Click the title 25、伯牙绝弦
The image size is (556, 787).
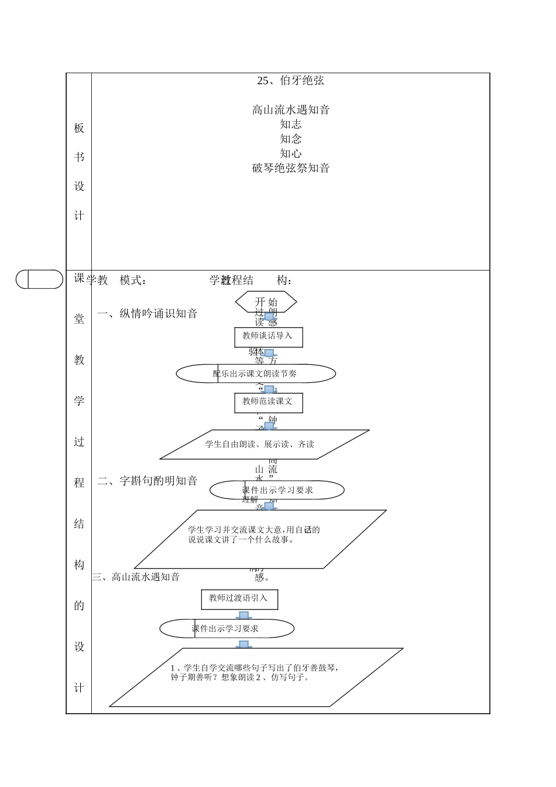point(290,80)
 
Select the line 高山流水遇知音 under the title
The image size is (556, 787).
point(290,110)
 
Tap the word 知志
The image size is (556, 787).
point(290,124)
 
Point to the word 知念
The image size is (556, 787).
point(290,139)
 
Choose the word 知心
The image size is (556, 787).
point(290,153)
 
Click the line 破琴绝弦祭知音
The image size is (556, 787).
point(290,168)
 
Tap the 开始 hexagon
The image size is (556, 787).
point(266,302)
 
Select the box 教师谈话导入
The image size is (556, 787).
point(268,337)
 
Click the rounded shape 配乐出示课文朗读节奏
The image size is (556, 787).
point(256,374)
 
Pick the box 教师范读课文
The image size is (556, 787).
point(268,402)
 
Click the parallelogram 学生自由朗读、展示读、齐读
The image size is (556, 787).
point(264,444)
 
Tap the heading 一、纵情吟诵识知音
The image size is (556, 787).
point(147,314)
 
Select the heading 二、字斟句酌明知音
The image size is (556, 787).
point(147,481)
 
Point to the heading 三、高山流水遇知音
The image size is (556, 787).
point(136,577)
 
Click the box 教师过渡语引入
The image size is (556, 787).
point(239,599)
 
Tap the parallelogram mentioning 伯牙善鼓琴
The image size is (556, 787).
point(256,677)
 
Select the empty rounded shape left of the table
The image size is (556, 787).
point(39,279)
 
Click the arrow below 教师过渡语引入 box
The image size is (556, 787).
point(243,615)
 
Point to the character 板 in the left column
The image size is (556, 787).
point(79,128)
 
